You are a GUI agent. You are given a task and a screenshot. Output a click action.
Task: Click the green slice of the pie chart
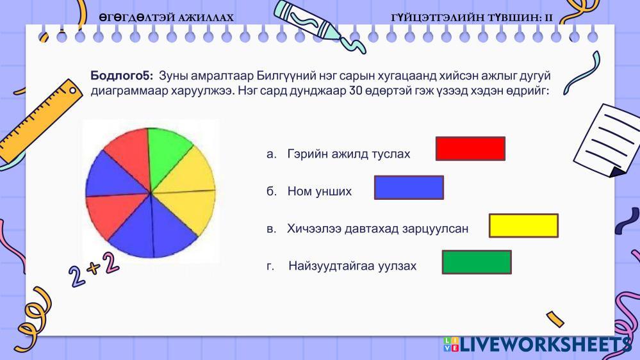(x=165, y=155)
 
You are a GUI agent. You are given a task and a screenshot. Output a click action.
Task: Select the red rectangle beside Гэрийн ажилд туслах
(x=470, y=149)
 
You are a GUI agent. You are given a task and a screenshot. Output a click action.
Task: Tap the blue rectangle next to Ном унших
(x=409, y=187)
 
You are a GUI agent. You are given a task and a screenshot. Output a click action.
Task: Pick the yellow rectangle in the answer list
(x=523, y=225)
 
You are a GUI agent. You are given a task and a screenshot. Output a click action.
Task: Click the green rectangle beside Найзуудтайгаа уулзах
(x=477, y=262)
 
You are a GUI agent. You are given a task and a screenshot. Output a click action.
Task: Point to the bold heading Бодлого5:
(x=122, y=76)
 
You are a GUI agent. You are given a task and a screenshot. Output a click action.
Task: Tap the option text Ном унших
(x=319, y=191)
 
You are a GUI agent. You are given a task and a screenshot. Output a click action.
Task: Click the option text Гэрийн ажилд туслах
(x=349, y=154)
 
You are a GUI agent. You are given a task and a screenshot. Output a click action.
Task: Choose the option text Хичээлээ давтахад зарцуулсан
(x=377, y=229)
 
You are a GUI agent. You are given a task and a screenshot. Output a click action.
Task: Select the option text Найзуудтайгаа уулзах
(x=352, y=266)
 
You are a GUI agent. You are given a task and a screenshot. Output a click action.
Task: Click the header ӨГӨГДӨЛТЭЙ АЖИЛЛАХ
(x=167, y=17)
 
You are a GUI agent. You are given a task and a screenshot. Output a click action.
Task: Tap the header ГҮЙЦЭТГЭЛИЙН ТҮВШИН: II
(x=472, y=17)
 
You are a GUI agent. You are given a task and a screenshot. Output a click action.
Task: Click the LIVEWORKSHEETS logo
(x=537, y=345)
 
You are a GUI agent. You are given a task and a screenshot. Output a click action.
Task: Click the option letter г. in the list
(x=270, y=266)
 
